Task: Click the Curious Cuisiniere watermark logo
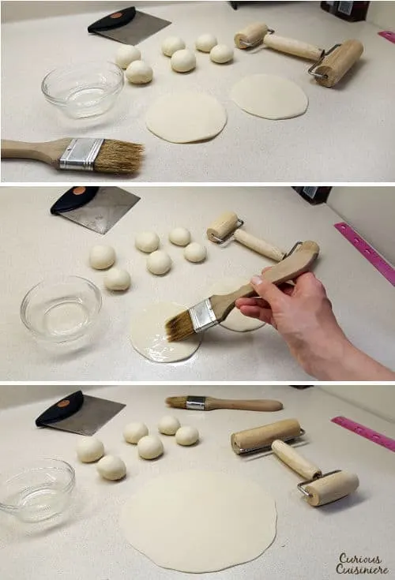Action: click(x=362, y=563)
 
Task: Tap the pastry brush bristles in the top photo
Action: click(x=119, y=156)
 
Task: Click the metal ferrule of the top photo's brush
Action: click(x=81, y=154)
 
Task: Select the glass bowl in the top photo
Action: click(x=82, y=90)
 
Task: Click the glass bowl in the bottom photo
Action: click(x=36, y=490)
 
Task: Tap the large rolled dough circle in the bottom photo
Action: click(x=199, y=521)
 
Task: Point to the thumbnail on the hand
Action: click(x=257, y=280)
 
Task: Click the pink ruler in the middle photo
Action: click(x=365, y=253)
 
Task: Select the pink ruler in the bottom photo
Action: click(x=363, y=432)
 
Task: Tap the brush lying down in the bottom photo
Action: click(x=224, y=403)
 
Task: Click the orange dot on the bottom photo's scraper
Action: click(x=63, y=403)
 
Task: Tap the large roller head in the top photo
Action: click(x=340, y=63)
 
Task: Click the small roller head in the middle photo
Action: click(x=223, y=225)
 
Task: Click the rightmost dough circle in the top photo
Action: click(x=269, y=97)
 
